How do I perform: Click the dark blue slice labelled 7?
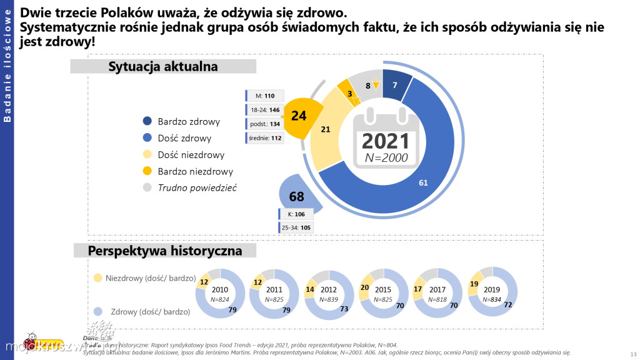tap(395, 86)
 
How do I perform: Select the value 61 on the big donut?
tap(423, 182)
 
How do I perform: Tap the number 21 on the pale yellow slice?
tap(325, 129)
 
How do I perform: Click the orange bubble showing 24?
tap(299, 116)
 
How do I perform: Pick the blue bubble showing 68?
tap(296, 197)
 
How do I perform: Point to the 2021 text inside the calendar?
tap(386, 141)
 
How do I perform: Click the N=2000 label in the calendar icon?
tap(386, 158)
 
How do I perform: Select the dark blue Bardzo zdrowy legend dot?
tap(147, 121)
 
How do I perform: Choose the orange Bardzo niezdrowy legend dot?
tap(147, 171)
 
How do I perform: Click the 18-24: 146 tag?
tap(266, 110)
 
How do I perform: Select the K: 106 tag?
tap(296, 214)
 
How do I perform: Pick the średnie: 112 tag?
tap(266, 138)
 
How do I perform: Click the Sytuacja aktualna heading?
tap(163, 66)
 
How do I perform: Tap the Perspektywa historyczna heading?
tap(164, 251)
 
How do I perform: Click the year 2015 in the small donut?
tap(384, 290)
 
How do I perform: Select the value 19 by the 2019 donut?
tap(474, 284)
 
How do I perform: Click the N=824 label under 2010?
tap(220, 299)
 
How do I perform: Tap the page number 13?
tap(634, 354)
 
